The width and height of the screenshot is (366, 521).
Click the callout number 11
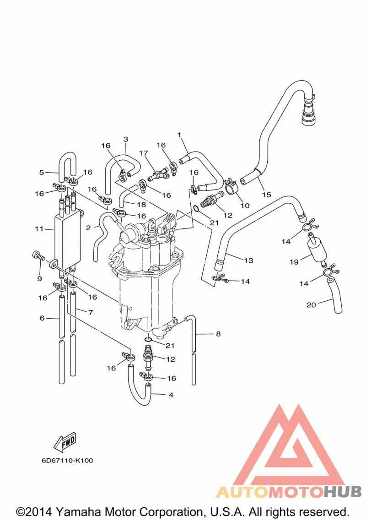(x=39, y=228)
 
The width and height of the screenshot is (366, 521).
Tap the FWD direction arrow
(x=65, y=443)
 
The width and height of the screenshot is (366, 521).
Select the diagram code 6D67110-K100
(x=67, y=461)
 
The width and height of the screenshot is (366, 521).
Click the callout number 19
(x=294, y=262)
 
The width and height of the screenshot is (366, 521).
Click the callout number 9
(x=39, y=279)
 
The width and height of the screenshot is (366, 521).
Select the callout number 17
(x=144, y=153)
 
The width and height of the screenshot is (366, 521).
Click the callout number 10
(x=245, y=206)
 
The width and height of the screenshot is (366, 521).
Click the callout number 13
(x=248, y=260)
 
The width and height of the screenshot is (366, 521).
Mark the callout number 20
(x=311, y=305)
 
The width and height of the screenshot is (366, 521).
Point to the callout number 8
(x=218, y=334)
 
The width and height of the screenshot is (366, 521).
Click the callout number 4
(x=171, y=395)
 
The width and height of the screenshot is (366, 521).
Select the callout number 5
(x=42, y=172)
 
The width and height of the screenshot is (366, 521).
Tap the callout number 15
(x=267, y=195)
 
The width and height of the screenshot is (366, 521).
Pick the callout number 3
(x=125, y=139)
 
